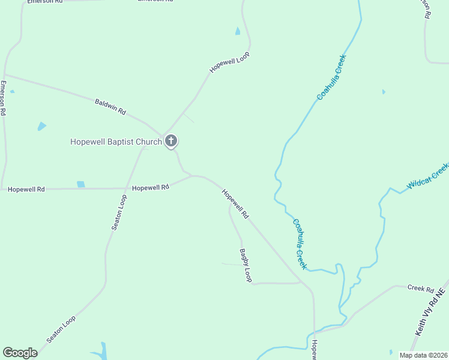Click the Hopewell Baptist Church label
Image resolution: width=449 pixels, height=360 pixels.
tap(116, 142)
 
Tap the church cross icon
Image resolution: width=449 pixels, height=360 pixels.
tap(171, 142)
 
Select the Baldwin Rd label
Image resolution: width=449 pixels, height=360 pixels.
tap(110, 107)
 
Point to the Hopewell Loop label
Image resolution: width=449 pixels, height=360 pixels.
tap(229, 62)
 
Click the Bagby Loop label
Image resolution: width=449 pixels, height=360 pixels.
tap(246, 265)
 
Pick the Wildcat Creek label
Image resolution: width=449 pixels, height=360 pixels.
tap(427, 176)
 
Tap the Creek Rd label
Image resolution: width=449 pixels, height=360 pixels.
tap(420, 289)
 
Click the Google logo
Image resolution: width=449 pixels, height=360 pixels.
tap(20, 353)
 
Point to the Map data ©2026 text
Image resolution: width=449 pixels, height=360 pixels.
tap(423, 355)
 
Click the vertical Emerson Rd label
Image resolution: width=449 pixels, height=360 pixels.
tap(3, 98)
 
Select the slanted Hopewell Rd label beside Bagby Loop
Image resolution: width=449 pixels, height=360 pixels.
tap(235, 204)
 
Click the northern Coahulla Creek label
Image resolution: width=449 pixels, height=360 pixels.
tap(332, 77)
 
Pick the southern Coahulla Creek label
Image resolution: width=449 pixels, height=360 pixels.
tap(300, 243)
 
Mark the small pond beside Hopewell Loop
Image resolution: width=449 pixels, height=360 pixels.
tap(238, 31)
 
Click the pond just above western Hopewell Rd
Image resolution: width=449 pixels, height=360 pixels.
tap(80, 184)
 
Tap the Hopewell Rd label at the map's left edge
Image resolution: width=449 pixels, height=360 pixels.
tap(27, 190)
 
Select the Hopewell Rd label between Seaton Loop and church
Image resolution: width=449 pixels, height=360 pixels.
tap(151, 188)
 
